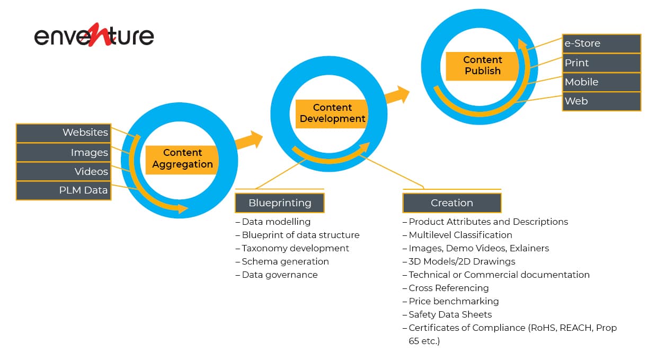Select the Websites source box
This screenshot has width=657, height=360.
pos(64,133)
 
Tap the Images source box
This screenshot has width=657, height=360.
pos(64,153)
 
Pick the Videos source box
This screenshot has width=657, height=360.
pos(64,172)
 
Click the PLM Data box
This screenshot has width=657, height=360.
pos(64,191)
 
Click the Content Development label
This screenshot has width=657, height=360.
pos(332,114)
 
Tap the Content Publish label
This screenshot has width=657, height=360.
pos(482,66)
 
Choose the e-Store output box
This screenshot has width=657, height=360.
pos(601,43)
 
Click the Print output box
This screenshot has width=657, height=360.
pos(601,63)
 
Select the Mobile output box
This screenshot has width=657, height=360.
pos(601,82)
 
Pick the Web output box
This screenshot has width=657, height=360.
pos(601,101)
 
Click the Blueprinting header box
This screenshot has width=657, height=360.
pos(280,203)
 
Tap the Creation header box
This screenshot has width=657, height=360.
pos(452,203)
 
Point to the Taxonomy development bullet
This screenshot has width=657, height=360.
pos(292,249)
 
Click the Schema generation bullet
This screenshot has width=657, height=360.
pos(282,262)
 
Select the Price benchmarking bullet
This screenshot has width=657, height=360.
pos(450,301)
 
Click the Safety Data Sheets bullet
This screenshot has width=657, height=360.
pos(447,314)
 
